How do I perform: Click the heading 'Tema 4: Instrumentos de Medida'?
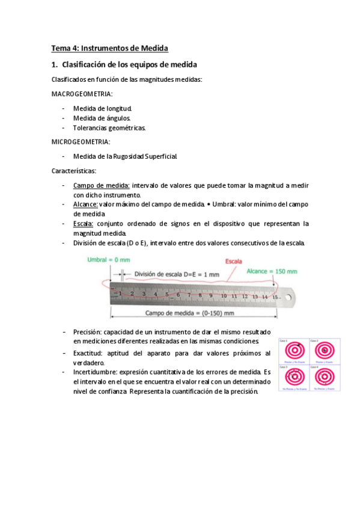[x=109, y=48]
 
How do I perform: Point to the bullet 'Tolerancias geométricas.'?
[x=109, y=128]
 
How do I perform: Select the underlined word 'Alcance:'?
[x=85, y=204]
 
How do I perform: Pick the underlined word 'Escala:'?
[x=84, y=224]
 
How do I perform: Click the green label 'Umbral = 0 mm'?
[x=108, y=259]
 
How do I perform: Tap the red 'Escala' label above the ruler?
[x=234, y=262]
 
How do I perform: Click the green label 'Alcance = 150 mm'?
[x=272, y=271]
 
